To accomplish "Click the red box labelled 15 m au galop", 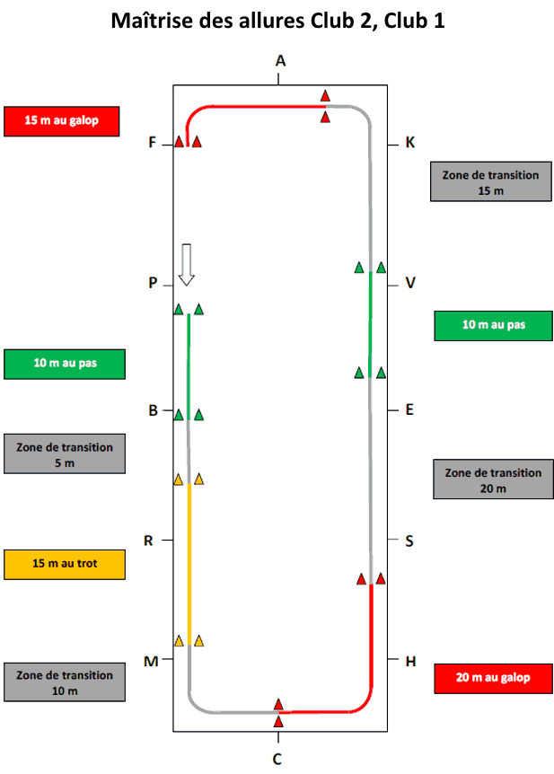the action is pos(62,121).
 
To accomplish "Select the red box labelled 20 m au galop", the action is pos(493,678).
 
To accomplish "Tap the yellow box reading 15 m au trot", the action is pos(65,564).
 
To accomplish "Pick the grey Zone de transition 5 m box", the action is pos(65,453).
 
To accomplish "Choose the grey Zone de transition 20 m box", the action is pos(493,479).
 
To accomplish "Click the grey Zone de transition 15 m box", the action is pos(491,181).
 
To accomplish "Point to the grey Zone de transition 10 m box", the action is pos(65,682).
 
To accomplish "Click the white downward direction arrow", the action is pos(186,265).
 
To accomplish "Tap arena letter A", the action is pos(280,61).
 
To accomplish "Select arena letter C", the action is pos(277,759).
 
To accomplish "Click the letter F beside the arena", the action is pos(152,143).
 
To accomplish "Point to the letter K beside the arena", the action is pos(410,143).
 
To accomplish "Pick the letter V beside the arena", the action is pos(410,283).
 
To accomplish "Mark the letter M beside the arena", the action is pos(151,661).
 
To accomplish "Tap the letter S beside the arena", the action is pos(409,541).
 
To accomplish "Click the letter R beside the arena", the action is pos(148,541).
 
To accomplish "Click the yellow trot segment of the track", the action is pos(189,564).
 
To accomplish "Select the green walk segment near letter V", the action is pos(370,324).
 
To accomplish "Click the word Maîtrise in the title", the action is pos(152,21).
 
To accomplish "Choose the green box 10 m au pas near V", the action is pos(493,326).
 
